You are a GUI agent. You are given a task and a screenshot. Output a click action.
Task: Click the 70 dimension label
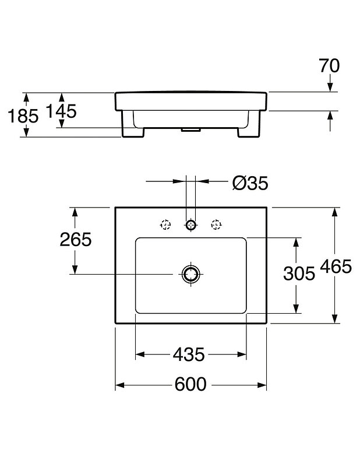point(329,65)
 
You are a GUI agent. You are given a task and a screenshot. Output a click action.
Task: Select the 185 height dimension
point(23,116)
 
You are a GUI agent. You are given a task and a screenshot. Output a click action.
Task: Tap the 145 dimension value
point(62,111)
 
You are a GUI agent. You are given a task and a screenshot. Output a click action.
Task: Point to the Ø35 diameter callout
point(250,183)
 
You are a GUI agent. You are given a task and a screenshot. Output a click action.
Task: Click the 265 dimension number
point(76,240)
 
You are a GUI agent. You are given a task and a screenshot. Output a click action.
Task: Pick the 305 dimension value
point(299,273)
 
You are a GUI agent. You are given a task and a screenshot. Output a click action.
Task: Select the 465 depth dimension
point(336,266)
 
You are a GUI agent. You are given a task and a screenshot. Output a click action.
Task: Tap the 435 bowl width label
point(189,355)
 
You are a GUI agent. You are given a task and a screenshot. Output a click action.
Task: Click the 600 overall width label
point(190,384)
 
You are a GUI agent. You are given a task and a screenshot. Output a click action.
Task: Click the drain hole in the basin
point(191,274)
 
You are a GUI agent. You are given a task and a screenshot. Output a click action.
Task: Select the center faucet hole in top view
point(191,224)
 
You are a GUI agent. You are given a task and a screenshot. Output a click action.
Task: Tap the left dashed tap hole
point(165,224)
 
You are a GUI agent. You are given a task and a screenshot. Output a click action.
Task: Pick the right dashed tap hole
point(216,224)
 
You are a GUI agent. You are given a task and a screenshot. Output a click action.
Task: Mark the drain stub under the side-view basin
point(190,130)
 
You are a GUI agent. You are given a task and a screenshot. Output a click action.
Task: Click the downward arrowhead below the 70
point(330,87)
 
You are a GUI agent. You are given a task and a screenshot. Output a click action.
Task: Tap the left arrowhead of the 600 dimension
point(119,385)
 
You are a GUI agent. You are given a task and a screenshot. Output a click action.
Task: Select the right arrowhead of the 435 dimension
point(242,355)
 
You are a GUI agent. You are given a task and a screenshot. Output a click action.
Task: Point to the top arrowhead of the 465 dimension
point(334,212)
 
